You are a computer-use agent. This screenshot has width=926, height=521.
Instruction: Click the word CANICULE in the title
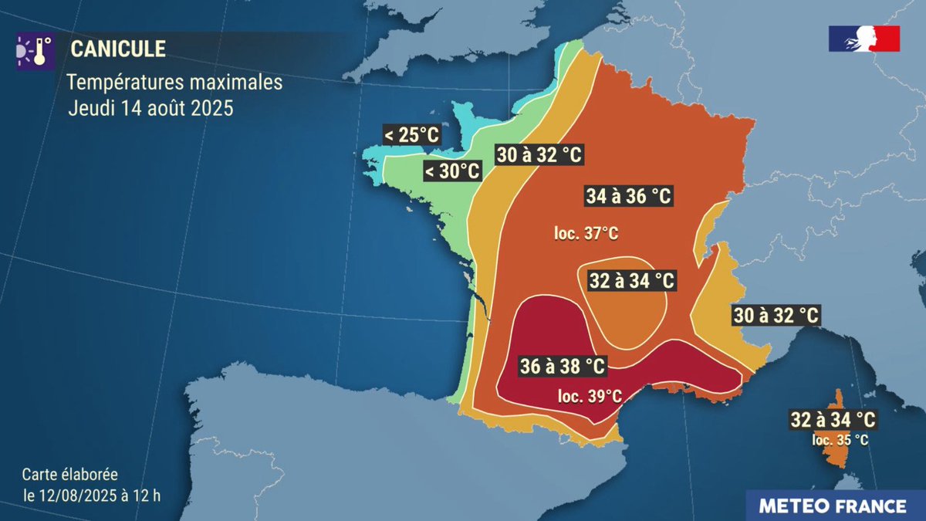click(x=118, y=49)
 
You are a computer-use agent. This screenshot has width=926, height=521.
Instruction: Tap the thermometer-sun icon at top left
click(x=33, y=49)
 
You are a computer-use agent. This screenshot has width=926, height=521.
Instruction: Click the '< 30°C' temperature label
click(x=451, y=171)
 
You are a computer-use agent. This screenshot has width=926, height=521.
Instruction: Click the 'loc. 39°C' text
click(x=590, y=396)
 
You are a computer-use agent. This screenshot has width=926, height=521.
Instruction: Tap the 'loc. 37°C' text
click(x=586, y=233)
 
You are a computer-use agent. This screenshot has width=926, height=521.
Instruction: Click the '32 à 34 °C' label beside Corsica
click(x=833, y=421)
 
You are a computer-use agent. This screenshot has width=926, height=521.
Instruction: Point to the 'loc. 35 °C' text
click(x=840, y=440)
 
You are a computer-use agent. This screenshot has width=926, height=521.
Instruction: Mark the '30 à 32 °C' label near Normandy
click(x=539, y=154)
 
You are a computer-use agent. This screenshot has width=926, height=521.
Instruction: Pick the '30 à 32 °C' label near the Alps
click(x=775, y=316)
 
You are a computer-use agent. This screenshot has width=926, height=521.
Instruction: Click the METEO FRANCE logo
click(x=832, y=506)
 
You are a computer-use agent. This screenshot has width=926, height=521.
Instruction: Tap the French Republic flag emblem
click(x=864, y=39)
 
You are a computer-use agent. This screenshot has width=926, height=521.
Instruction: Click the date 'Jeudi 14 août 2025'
click(x=150, y=108)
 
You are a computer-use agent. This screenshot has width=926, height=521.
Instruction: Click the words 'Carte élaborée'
click(x=69, y=475)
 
